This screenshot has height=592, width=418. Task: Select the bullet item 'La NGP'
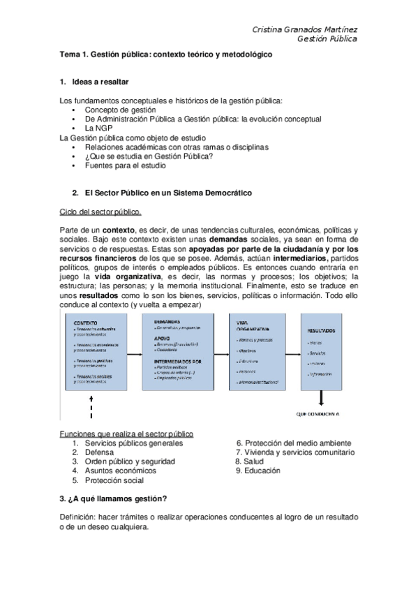100,128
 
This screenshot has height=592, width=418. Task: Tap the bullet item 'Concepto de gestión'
120,110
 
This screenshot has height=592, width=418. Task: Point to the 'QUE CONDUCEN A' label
318,414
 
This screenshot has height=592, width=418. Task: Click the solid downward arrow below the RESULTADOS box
322,398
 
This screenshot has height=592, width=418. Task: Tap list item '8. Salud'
249,461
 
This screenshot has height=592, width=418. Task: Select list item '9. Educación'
257,471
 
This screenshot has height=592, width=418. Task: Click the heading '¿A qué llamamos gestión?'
112,498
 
